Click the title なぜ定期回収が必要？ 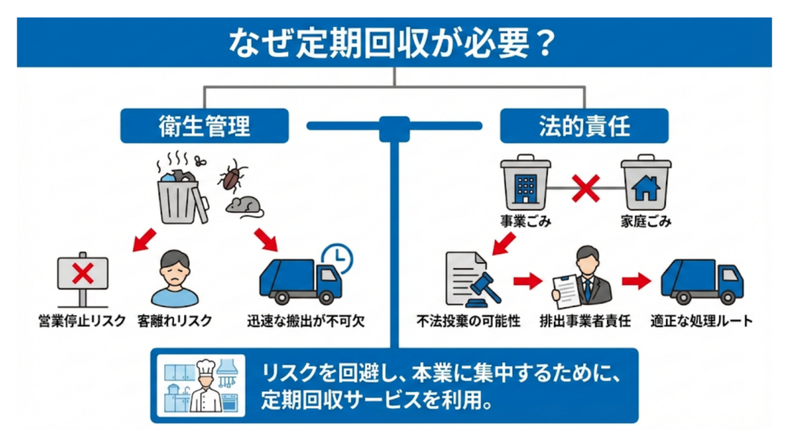393,43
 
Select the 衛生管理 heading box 204,126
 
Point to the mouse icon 245,206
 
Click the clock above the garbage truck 333,257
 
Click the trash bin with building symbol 525,186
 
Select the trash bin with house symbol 645,186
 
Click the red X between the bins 585,187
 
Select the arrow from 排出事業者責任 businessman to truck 636,281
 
